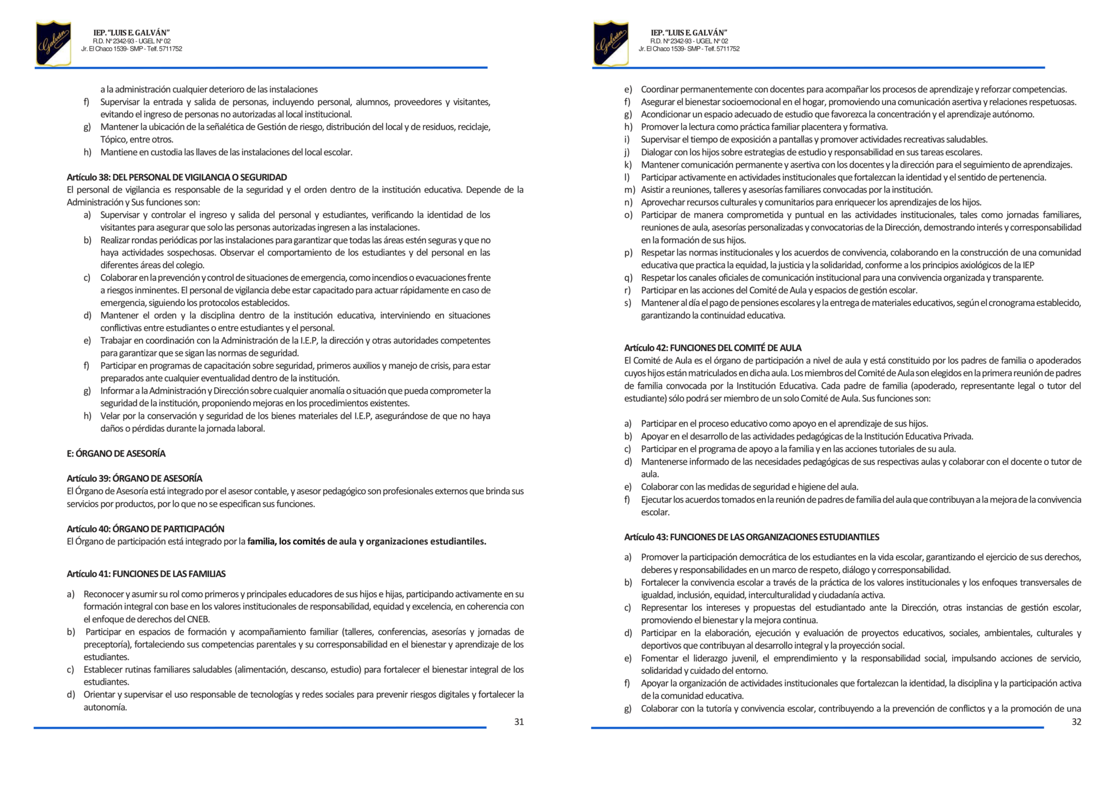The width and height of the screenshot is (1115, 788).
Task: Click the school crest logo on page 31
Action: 53,43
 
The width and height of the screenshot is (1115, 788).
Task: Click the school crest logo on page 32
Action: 611,43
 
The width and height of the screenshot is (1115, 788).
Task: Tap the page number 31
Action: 519,722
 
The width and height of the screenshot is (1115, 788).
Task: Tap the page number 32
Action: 1076,722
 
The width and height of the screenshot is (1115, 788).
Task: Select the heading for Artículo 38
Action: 176,177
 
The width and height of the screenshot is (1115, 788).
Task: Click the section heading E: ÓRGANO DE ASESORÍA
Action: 116,453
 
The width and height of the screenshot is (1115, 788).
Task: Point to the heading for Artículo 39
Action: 134,478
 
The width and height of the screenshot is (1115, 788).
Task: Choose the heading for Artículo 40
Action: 145,528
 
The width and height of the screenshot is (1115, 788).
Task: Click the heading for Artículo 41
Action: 146,574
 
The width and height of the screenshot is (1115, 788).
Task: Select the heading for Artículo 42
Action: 713,348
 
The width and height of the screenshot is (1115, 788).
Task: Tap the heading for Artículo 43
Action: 751,537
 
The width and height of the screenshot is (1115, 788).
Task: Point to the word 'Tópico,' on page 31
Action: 113,139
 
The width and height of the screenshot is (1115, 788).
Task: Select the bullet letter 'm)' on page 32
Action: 629,190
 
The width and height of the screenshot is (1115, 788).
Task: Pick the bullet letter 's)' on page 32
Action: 628,303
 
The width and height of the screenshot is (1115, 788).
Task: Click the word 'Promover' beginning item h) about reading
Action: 659,127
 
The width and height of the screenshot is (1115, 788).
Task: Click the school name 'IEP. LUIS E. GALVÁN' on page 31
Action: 132,33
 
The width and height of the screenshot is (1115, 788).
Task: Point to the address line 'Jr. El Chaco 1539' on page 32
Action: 662,49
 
